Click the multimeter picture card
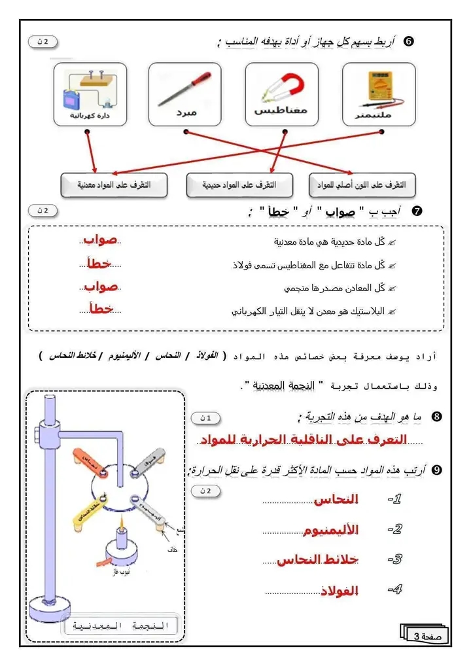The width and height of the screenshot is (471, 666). tap(379, 94)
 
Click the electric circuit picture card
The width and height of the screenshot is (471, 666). tap(90, 94)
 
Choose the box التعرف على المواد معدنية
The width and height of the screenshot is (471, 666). tap(114, 185)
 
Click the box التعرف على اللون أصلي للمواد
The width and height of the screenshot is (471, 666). tap(362, 185)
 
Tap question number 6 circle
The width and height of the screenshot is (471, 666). tap(409, 41)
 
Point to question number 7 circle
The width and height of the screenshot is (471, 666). tap(417, 211)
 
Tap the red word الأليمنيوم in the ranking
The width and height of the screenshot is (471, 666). tap(330, 531)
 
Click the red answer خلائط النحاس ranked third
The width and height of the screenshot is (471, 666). tap(317, 561)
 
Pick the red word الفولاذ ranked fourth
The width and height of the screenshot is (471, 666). tap(340, 591)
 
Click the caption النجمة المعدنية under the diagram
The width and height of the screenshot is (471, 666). tap(122, 626)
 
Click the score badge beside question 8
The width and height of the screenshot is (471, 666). tap(205, 417)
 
